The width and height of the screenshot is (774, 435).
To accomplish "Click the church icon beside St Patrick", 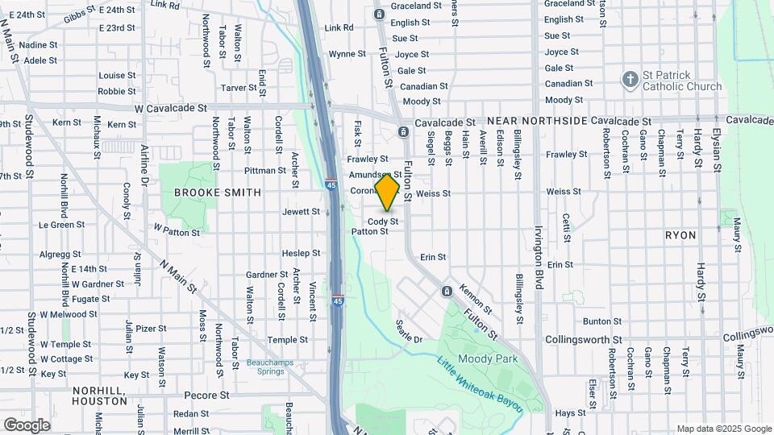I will (x=630, y=80).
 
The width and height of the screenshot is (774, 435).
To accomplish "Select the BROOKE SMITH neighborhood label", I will (x=218, y=193).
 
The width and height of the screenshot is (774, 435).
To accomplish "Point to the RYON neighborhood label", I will (x=680, y=235).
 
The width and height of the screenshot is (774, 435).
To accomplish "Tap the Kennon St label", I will (x=475, y=298).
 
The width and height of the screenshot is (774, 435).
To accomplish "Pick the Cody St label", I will (x=383, y=222).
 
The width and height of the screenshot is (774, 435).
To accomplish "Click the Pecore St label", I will (x=207, y=396).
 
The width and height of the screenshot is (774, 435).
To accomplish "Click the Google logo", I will (x=27, y=425).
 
